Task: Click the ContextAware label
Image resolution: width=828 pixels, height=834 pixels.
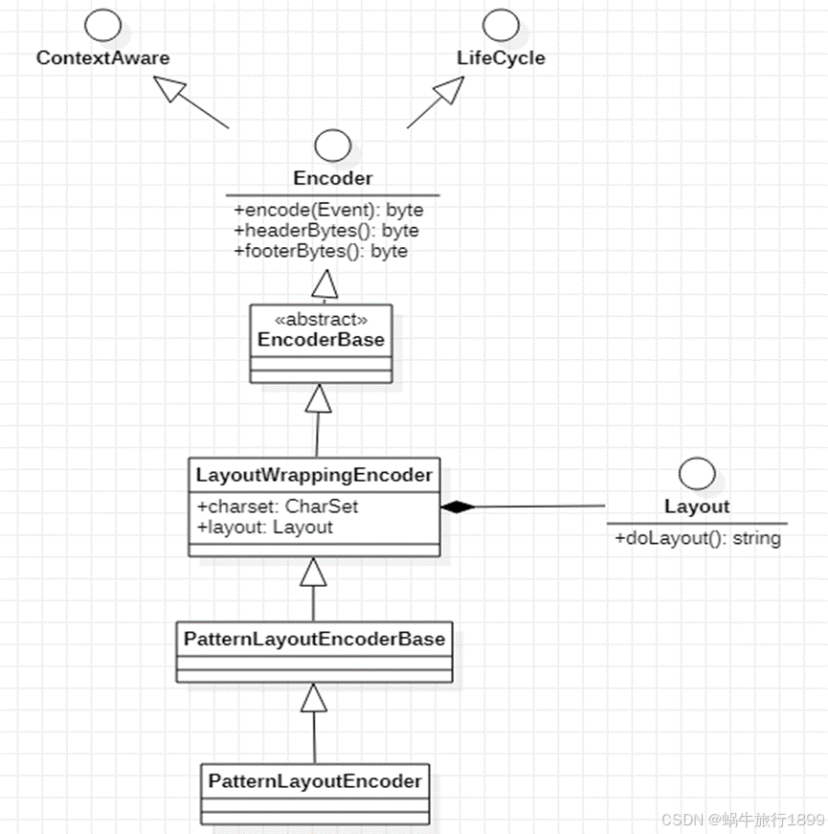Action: (x=102, y=57)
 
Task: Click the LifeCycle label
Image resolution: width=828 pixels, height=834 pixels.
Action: (x=501, y=57)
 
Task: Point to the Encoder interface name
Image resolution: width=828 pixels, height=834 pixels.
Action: (x=332, y=178)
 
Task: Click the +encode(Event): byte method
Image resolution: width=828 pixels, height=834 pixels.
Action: (x=327, y=210)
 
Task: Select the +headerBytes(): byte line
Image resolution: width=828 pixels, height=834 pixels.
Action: (x=325, y=231)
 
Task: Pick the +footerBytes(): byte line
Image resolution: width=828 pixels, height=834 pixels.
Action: (x=320, y=251)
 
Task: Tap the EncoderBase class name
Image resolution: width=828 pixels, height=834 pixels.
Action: (x=321, y=339)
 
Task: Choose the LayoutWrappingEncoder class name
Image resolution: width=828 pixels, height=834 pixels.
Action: (x=314, y=474)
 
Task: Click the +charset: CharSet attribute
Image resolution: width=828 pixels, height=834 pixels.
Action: (x=278, y=507)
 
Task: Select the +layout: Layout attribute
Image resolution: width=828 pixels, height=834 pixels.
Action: (x=264, y=527)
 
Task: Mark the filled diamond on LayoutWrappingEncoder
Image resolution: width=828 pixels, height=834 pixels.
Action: (x=457, y=507)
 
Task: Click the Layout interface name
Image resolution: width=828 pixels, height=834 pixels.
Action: (x=696, y=507)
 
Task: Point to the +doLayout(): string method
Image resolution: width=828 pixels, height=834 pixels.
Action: (x=697, y=538)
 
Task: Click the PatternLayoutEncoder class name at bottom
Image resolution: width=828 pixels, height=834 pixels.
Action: (x=314, y=780)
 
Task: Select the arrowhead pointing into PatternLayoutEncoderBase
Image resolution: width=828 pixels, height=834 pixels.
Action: (x=314, y=698)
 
